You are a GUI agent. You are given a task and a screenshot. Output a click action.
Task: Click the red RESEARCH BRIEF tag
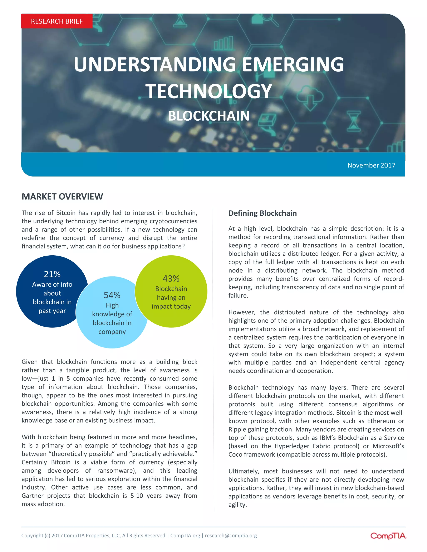tap(57, 21)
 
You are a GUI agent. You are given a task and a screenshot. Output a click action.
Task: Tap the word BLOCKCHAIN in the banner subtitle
tap(209, 116)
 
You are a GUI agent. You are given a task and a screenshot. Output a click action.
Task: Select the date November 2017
tap(371, 165)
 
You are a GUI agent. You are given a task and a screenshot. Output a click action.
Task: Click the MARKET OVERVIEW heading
tap(62, 196)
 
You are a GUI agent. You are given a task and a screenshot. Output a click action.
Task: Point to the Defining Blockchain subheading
tap(262, 213)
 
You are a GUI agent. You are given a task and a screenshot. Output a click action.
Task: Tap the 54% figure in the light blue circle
tap(112, 295)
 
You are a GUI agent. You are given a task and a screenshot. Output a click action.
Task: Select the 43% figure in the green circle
tap(171, 278)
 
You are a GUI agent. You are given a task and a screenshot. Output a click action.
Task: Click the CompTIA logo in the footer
tap(388, 536)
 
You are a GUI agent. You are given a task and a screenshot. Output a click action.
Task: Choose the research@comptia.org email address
tap(231, 536)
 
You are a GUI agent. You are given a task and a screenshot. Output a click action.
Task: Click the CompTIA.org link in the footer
tap(185, 536)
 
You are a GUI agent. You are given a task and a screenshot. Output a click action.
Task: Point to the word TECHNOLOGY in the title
tap(208, 91)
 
